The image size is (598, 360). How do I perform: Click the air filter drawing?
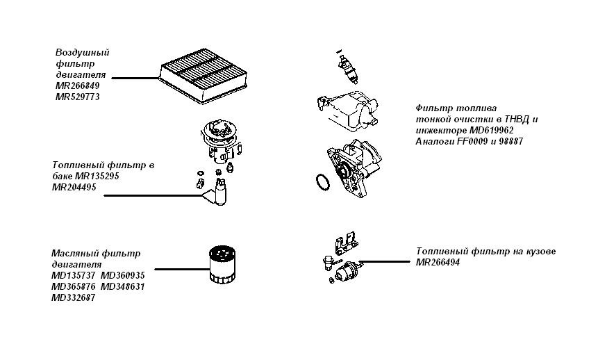204,76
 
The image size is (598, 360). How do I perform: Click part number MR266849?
77,85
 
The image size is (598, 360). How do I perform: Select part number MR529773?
77,97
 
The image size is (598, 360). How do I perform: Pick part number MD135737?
73,275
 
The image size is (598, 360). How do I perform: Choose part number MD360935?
123,275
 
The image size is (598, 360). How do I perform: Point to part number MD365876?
73,286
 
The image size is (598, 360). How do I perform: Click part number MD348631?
123,286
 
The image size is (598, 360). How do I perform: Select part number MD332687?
73,297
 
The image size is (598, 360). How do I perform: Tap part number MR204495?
74,187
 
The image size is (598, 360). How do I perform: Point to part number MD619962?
491,130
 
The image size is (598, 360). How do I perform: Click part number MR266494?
438,262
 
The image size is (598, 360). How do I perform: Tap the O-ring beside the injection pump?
324,182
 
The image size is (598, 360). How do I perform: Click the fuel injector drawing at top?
347,67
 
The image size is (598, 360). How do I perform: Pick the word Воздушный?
83,52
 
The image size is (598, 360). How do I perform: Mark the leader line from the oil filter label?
182,269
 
